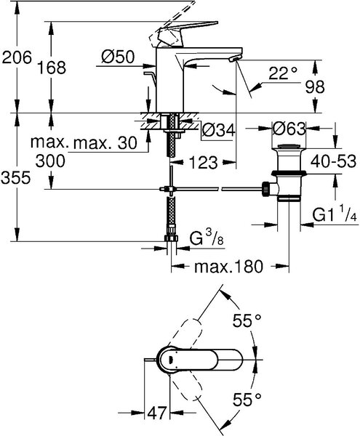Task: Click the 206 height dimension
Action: click(17, 58)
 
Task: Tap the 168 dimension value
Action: click(52, 68)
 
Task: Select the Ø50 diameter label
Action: click(118, 57)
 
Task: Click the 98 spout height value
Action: click(315, 87)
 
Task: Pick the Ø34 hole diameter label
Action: click(219, 130)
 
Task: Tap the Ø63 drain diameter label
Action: click(289, 129)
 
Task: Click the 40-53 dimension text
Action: click(333, 161)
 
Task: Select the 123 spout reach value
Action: click(204, 162)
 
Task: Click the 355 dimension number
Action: click(15, 177)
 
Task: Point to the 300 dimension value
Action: click(50, 161)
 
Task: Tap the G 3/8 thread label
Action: click(207, 238)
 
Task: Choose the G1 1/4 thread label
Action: click(335, 214)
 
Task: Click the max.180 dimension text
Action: click(228, 267)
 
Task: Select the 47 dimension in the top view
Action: click(157, 413)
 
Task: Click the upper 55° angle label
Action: click(247, 320)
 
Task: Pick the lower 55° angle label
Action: click(247, 400)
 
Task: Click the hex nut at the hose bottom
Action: click(172, 238)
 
